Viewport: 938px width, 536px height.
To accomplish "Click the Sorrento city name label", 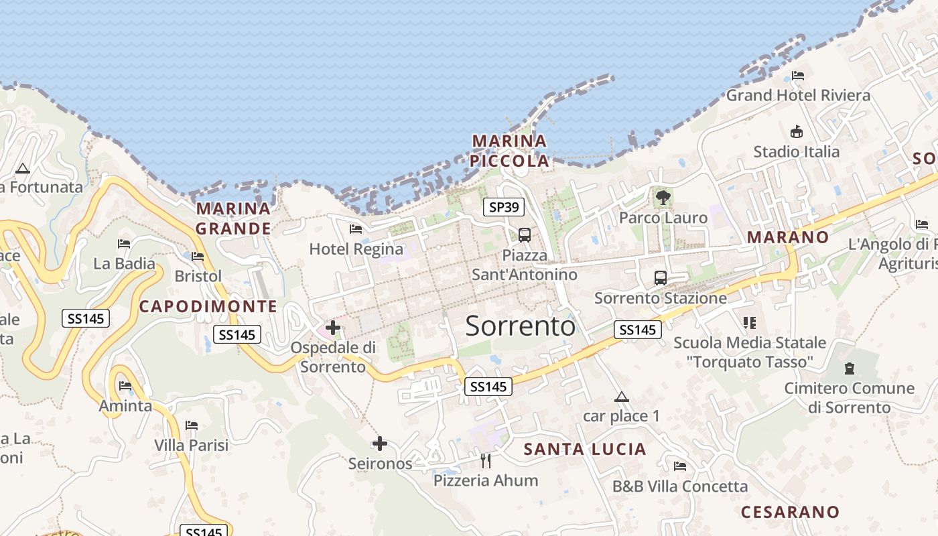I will click(x=520, y=326).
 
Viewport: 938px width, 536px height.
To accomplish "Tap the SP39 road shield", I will click(x=503, y=208).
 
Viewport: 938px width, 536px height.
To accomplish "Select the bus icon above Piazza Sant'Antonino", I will click(x=525, y=235).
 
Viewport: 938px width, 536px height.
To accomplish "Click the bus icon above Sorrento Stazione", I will click(x=661, y=278).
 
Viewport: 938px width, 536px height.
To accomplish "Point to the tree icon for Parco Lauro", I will click(x=663, y=198).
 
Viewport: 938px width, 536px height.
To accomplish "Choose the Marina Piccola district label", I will click(x=509, y=151).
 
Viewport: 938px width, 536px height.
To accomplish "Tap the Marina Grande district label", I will click(x=233, y=218).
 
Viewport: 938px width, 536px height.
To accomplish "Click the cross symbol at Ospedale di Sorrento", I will click(x=333, y=328).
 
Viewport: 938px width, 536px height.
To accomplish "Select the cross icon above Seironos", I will click(x=380, y=444).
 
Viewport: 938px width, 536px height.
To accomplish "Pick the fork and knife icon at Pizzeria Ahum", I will click(x=486, y=460).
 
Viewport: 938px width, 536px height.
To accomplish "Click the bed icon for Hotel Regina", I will click(x=356, y=229).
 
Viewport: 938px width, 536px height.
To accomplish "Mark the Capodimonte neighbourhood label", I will click(x=208, y=307).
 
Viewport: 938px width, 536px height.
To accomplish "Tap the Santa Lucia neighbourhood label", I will click(x=585, y=449).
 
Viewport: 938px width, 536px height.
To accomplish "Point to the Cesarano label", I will click(x=790, y=513).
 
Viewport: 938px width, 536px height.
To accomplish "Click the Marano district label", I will click(x=788, y=237).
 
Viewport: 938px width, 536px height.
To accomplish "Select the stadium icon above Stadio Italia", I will click(x=797, y=131).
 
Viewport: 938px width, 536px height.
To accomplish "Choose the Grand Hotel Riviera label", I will click(x=799, y=95).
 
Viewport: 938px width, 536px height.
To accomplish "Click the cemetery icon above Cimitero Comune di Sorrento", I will click(x=850, y=368).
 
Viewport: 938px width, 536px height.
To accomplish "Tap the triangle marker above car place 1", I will click(x=622, y=397).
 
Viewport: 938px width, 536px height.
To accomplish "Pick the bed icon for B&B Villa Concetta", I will click(x=680, y=466).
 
